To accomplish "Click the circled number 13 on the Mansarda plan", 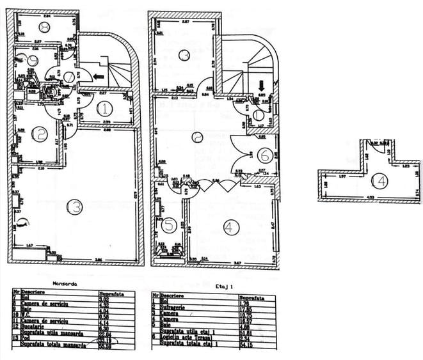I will [75, 207].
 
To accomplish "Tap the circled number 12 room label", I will [40, 134].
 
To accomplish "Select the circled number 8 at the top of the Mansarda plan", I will [45, 27].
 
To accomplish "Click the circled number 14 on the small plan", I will [380, 181].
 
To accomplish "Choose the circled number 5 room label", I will [168, 225].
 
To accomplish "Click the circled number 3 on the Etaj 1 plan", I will [184, 56].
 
